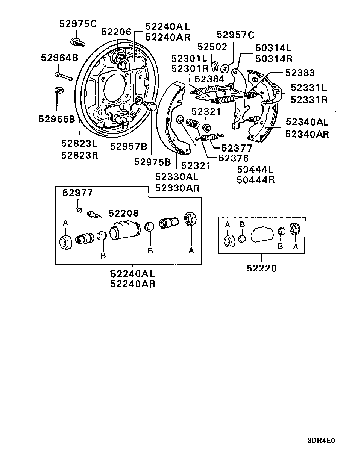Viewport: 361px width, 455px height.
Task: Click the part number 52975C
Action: tap(78, 24)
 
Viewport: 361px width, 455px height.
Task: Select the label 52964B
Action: tap(59, 58)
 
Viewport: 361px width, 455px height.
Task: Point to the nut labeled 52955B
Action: tap(59, 90)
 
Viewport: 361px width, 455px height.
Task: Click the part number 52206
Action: tap(116, 32)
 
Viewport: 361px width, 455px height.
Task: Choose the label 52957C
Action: tap(235, 35)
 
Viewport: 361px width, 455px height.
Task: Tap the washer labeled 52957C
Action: tap(225, 68)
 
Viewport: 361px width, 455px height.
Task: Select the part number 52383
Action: tap(300, 73)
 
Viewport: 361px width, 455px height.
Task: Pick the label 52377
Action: tap(237, 148)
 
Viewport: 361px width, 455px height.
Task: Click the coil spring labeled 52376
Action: tap(193, 123)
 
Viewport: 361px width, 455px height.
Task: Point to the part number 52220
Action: tap(262, 268)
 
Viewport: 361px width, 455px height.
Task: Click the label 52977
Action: tap(77, 193)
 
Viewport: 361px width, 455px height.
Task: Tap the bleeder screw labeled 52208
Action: tap(94, 215)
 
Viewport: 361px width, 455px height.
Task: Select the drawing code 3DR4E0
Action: tap(321, 440)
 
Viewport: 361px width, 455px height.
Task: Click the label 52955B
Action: tap(57, 119)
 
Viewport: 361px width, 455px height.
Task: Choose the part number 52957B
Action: tap(129, 146)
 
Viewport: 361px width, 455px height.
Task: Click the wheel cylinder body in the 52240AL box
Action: tap(125, 230)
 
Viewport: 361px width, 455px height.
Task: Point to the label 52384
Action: tap(209, 79)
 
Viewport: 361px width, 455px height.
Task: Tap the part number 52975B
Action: tap(152, 162)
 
